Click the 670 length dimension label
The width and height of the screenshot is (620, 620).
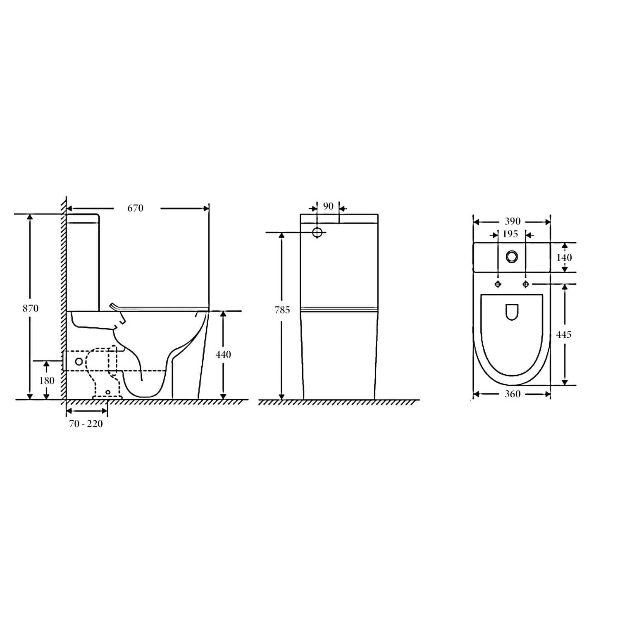point(135,208)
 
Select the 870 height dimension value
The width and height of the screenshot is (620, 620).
point(31,308)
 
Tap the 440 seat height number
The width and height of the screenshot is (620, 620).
point(223,354)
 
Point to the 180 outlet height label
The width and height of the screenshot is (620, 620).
point(47,380)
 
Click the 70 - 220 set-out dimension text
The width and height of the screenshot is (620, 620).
point(86,424)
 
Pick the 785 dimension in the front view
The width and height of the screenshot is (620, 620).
point(282,310)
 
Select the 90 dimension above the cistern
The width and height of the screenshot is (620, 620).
point(328,206)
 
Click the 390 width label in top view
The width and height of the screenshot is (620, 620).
point(513,222)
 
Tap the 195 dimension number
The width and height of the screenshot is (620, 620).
point(510,234)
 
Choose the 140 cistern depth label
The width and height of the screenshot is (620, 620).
point(564,258)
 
